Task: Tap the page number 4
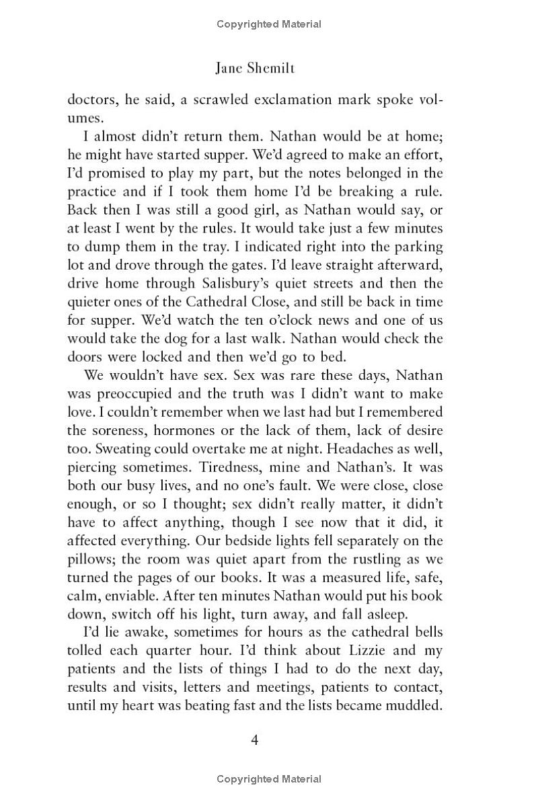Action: click(255, 740)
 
